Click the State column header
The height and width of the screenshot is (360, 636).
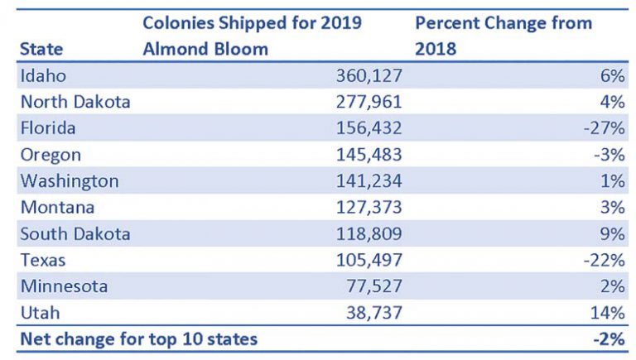coord(41,49)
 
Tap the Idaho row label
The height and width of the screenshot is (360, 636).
coord(44,76)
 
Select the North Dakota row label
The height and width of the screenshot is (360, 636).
coord(75,103)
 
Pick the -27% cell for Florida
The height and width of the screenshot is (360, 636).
coord(604,129)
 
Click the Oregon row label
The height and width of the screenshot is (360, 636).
coord(51,155)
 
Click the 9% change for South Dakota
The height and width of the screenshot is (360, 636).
coord(613,234)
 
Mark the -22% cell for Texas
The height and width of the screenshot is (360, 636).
coord(604,260)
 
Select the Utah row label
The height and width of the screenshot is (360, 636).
coord(39,313)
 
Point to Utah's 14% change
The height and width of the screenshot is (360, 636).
coord(608,313)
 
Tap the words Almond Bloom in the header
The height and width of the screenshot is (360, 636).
coord(205,49)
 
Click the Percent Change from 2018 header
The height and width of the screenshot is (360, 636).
coord(503,36)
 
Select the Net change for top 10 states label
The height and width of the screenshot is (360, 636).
coord(138,339)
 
